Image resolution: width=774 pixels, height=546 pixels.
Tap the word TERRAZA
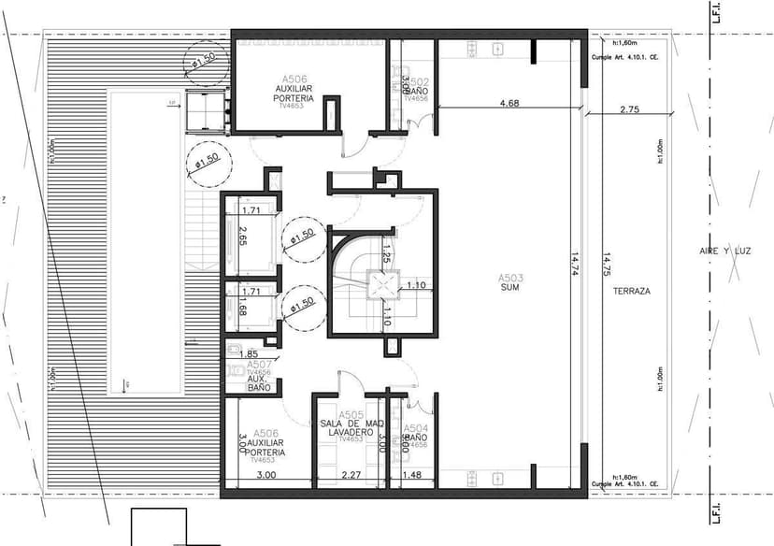(x=632, y=291)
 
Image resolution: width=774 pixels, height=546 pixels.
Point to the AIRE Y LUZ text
(x=725, y=251)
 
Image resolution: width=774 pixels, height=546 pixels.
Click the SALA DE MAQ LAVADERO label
(x=351, y=426)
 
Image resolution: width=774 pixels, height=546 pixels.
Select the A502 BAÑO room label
(x=416, y=87)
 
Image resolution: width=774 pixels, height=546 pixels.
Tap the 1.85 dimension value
(x=249, y=354)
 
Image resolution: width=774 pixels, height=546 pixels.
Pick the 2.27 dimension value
(x=351, y=476)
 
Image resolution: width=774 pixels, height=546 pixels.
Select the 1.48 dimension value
(x=411, y=476)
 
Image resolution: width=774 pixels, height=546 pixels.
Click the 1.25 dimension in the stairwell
(x=387, y=251)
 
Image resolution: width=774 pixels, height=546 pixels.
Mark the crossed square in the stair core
(x=380, y=284)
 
